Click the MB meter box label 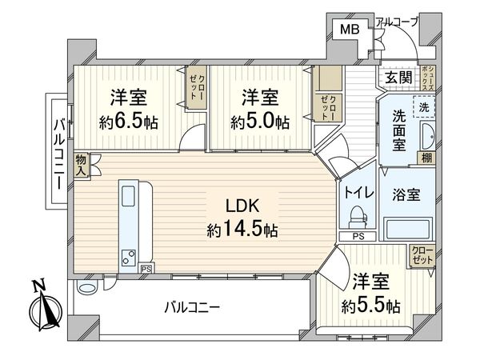pyautogui.click(x=350, y=30)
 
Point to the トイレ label pyautogui.click(x=356, y=192)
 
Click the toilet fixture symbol pyautogui.click(x=357, y=217)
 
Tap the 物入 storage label pyautogui.click(x=82, y=165)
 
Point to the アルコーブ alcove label pyautogui.click(x=397, y=22)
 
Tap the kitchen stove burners pyautogui.click(x=128, y=258)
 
